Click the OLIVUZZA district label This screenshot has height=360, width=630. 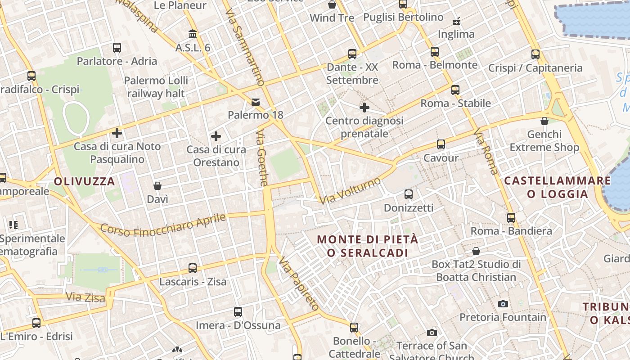pyautogui.click(x=85, y=182)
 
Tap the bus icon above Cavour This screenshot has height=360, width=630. pyautogui.click(x=441, y=144)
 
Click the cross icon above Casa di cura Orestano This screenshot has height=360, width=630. pyautogui.click(x=216, y=136)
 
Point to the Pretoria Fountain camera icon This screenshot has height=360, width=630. pyautogui.click(x=503, y=304)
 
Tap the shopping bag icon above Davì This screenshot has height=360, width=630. pyautogui.click(x=157, y=186)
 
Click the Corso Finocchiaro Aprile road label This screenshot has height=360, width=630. pyautogui.click(x=163, y=225)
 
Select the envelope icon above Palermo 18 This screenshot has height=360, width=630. pyautogui.click(x=256, y=102)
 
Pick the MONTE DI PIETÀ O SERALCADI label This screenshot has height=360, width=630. pyautogui.click(x=368, y=246)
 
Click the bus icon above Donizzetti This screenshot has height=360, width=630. pyautogui.click(x=409, y=194)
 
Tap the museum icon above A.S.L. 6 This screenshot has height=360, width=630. pyautogui.click(x=193, y=34)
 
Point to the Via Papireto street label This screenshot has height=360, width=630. pyautogui.click(x=297, y=283)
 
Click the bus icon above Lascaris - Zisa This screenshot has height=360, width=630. pyautogui.click(x=193, y=268)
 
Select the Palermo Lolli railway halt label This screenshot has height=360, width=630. pyautogui.click(x=156, y=87)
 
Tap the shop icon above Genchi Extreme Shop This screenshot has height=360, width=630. pyautogui.click(x=544, y=121)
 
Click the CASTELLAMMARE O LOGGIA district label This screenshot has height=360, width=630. pyautogui.click(x=558, y=187)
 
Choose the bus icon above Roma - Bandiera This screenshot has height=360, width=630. pyautogui.click(x=511, y=218)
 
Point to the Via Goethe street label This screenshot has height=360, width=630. pyautogui.click(x=262, y=158)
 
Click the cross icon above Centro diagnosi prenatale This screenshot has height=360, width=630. pyautogui.click(x=364, y=108)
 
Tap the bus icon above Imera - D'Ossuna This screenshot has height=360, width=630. pyautogui.click(x=238, y=311)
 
